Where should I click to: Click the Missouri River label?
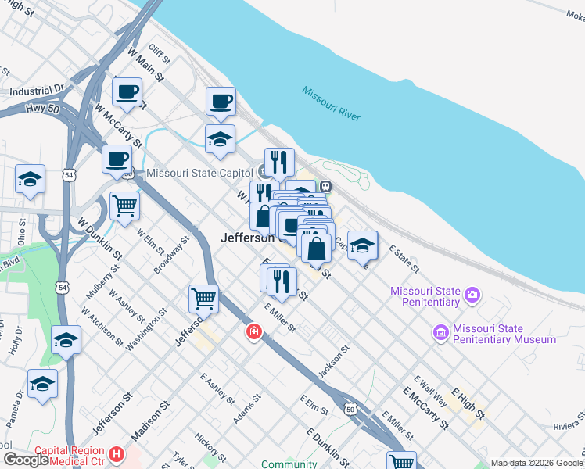click(x=332, y=102)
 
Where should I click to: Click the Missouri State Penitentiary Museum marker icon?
click(x=440, y=334)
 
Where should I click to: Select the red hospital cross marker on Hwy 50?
click(x=253, y=333)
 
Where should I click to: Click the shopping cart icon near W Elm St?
click(x=124, y=206)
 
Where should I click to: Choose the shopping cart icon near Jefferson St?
click(x=203, y=298)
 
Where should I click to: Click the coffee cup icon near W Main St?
click(x=127, y=92)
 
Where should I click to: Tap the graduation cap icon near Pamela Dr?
click(x=42, y=384)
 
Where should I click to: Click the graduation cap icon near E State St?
click(x=362, y=245)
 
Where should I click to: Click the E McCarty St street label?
click(x=425, y=408)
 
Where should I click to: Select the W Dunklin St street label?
click(x=99, y=238)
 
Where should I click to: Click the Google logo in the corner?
click(x=26, y=459)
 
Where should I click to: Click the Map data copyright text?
click(x=537, y=463)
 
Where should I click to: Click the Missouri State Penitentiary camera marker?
click(x=472, y=295)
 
